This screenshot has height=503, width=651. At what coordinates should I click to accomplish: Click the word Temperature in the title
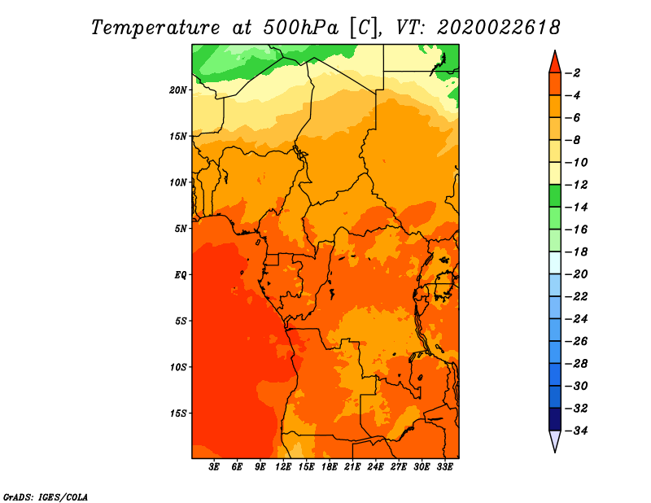click(155, 28)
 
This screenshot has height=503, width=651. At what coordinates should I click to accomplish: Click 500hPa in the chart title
click(301, 28)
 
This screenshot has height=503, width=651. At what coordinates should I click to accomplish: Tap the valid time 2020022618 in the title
click(499, 28)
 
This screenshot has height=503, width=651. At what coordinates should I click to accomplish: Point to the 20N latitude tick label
click(178, 90)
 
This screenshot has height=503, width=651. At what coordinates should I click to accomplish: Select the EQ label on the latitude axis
click(180, 275)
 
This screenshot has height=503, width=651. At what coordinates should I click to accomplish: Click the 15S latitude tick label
click(178, 413)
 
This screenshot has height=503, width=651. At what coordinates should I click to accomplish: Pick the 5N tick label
click(181, 229)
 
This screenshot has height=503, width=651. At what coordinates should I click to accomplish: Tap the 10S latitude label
click(178, 367)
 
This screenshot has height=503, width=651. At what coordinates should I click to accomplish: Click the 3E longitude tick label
click(214, 467)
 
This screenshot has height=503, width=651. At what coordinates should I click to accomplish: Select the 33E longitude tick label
click(444, 467)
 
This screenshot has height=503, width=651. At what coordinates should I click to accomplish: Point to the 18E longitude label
click(330, 467)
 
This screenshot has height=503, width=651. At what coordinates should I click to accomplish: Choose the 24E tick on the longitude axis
click(375, 467)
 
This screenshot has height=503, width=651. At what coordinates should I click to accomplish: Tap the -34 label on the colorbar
click(577, 431)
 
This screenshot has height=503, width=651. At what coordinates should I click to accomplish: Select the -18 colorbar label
click(577, 251)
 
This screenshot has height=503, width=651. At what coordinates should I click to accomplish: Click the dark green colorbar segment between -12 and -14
click(555, 195)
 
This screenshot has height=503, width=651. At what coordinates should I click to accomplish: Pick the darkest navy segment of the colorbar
click(555, 419)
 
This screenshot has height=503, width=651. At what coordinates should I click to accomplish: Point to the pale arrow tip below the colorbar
click(555, 452)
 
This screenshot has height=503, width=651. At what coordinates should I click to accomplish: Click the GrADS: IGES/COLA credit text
click(46, 497)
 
